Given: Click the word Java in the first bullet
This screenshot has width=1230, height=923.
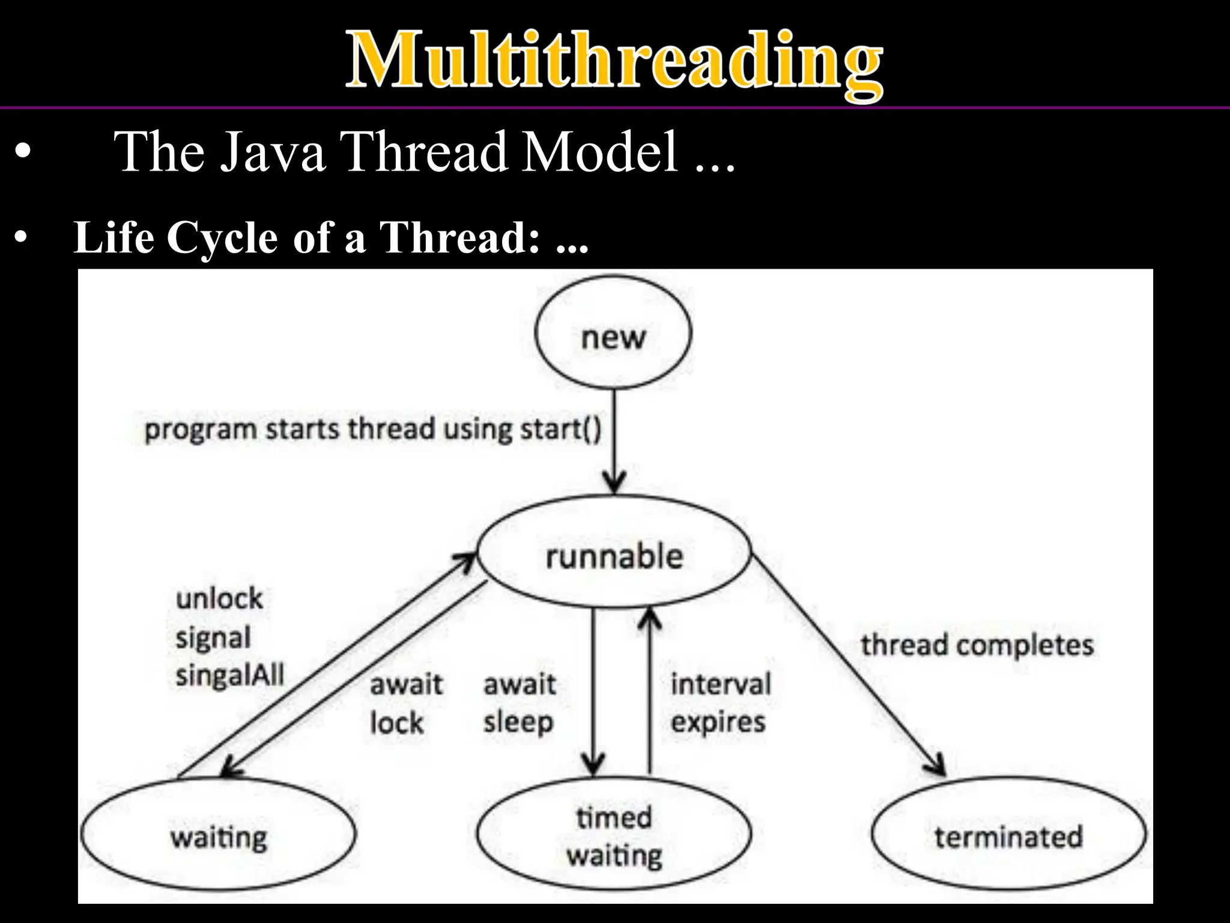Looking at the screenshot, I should pyautogui.click(x=273, y=151).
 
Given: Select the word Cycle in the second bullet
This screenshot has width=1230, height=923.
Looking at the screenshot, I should pyautogui.click(x=222, y=237).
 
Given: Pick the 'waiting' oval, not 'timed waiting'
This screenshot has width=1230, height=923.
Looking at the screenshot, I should pyautogui.click(x=218, y=835).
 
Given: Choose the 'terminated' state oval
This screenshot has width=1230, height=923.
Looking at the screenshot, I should pyautogui.click(x=1008, y=835).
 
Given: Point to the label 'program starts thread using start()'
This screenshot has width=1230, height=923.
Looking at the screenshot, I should pyautogui.click(x=373, y=430).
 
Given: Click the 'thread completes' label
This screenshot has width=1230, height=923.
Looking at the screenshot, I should pyautogui.click(x=977, y=645).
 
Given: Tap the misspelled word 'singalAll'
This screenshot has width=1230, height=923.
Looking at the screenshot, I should pyautogui.click(x=229, y=675).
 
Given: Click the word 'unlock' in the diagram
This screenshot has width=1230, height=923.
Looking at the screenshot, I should pyautogui.click(x=219, y=599).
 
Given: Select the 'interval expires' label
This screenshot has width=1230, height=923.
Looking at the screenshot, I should pyautogui.click(x=720, y=703).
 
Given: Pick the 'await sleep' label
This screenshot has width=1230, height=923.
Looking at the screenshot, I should pyautogui.click(x=520, y=703).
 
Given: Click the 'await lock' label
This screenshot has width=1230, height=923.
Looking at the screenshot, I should pyautogui.click(x=406, y=703).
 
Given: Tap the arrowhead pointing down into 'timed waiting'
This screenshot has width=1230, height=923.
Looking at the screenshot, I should pyautogui.click(x=593, y=769).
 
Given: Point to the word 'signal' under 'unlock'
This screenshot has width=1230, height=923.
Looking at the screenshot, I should pyautogui.click(x=213, y=638).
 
